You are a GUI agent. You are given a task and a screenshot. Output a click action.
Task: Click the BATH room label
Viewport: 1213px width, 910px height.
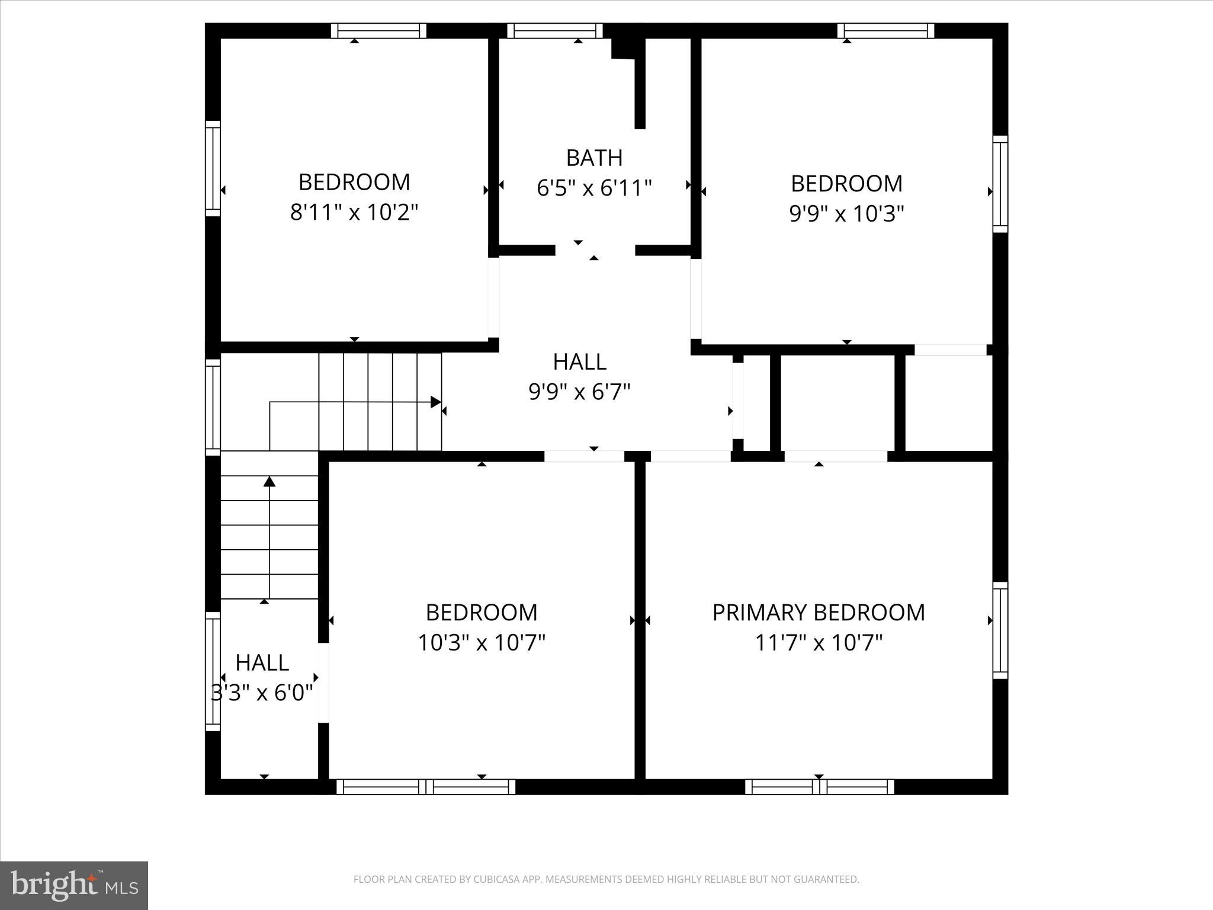click(x=594, y=158)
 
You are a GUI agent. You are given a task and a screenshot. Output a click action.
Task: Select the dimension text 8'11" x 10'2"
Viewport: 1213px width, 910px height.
click(x=354, y=212)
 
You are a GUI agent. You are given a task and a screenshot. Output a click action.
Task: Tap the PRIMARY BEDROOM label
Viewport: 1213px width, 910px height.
click(x=819, y=612)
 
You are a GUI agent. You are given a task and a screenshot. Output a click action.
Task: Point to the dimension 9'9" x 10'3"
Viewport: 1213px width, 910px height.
click(x=846, y=213)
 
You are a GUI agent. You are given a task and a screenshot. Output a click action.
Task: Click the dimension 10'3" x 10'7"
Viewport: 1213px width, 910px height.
click(x=482, y=642)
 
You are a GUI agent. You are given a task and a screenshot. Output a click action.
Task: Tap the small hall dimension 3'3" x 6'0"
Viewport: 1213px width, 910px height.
click(x=262, y=692)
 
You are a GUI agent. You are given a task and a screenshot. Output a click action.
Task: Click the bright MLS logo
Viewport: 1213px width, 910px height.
click(x=74, y=885)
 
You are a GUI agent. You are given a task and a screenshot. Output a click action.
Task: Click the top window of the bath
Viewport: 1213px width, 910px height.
click(x=555, y=31)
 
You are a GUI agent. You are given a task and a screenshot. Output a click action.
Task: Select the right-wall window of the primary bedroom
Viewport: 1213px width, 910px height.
click(x=1000, y=630)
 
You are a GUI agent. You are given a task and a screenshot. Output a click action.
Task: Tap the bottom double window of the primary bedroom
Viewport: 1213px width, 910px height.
click(x=819, y=787)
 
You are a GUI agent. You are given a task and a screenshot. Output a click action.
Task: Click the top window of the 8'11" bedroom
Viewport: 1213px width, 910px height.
click(x=378, y=31)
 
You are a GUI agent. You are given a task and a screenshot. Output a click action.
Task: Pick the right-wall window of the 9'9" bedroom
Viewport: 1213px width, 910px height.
click(x=1000, y=184)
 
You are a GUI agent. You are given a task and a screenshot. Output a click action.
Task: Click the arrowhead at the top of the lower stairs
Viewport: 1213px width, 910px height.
click(x=269, y=481)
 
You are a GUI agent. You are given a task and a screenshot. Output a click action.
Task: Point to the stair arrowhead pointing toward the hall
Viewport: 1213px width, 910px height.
click(x=436, y=402)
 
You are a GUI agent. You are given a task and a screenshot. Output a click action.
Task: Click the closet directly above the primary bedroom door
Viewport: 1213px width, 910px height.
click(x=837, y=403)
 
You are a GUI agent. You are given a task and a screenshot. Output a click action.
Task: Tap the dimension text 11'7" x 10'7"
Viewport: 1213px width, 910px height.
click(x=819, y=642)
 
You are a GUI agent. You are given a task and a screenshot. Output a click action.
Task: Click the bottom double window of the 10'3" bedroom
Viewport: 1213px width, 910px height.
click(x=426, y=787)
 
